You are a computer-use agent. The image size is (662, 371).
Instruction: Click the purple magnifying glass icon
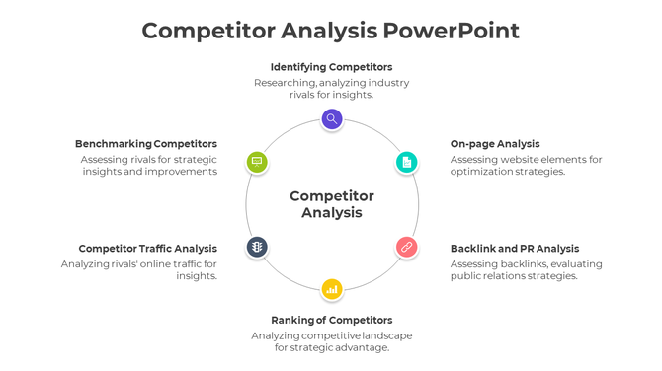point(332,119)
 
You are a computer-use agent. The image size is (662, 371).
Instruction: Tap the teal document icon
point(406,162)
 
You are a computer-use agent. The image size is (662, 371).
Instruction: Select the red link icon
point(406,247)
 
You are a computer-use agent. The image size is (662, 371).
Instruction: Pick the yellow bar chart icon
point(332,289)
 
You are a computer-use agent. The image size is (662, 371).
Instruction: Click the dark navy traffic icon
point(257,247)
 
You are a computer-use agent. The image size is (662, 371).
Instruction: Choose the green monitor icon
point(257,162)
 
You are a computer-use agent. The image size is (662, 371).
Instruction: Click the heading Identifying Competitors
point(331,67)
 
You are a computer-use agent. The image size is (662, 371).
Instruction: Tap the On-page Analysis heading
point(495,144)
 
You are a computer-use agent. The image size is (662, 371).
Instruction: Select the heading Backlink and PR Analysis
point(515,249)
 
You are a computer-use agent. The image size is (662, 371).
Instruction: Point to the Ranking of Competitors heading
point(331,320)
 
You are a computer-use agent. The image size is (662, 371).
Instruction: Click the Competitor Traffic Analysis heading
point(148,249)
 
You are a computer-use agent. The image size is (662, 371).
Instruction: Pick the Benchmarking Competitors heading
point(146,144)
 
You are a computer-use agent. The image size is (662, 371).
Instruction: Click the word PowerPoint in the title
point(451,31)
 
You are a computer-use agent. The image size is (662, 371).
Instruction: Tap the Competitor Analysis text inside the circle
point(332,204)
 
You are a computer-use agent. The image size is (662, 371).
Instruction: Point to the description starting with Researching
point(331,89)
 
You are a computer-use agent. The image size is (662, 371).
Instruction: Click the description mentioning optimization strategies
point(526,166)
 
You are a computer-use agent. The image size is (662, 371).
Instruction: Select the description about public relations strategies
point(526,270)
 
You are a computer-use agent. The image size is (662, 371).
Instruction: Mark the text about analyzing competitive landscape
point(331,341)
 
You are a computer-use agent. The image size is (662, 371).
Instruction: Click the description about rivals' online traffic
point(139,270)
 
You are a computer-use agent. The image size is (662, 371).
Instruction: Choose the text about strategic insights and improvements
point(148,166)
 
